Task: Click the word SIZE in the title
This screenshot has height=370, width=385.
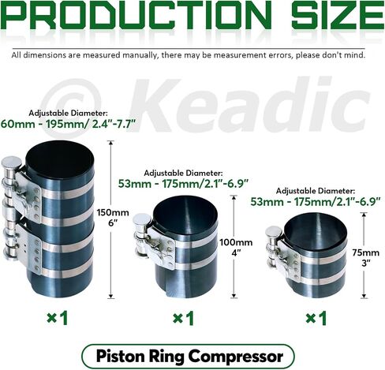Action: coord(338,16)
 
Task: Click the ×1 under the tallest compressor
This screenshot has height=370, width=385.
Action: coord(58,318)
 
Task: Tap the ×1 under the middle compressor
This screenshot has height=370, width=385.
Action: coord(184,318)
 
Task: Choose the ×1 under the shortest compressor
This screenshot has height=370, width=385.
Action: coord(316,318)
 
